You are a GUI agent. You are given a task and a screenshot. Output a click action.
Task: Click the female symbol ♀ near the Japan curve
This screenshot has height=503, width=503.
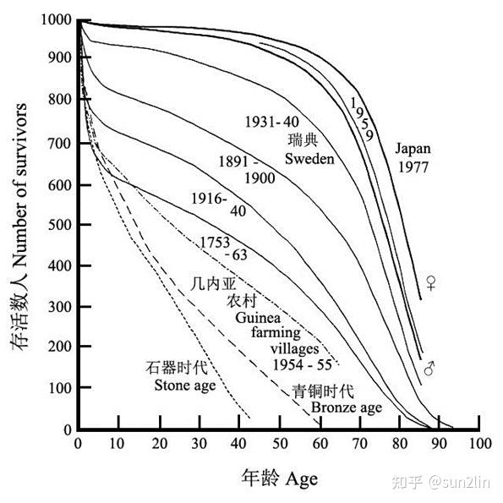(431, 282)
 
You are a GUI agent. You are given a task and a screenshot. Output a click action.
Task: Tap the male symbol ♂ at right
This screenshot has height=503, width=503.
(429, 369)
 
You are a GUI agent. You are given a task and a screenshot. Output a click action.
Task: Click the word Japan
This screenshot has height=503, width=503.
(413, 149)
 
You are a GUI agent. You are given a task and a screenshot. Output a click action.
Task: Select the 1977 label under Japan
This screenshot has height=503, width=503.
(413, 167)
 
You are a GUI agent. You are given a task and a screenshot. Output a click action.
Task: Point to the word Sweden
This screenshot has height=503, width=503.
(309, 159)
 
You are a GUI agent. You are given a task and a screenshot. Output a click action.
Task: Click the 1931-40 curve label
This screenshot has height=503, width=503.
(272, 122)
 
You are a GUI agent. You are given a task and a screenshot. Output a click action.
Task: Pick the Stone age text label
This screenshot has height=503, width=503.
(185, 385)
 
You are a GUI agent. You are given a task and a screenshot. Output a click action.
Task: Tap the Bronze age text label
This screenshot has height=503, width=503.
(347, 408)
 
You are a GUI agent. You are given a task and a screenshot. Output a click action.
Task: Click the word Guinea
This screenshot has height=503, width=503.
(258, 318)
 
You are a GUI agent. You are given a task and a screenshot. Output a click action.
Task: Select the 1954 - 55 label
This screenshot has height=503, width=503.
(302, 364)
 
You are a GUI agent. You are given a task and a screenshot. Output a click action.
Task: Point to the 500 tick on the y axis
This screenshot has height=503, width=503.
(60, 225)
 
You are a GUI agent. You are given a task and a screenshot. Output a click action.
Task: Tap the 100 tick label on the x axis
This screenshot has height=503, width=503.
(480, 444)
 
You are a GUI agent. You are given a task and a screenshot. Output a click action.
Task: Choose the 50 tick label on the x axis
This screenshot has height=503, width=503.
(280, 444)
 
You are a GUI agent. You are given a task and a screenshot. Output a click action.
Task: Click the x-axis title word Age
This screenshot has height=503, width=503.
(302, 479)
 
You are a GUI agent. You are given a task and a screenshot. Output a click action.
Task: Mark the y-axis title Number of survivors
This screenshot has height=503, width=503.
(20, 185)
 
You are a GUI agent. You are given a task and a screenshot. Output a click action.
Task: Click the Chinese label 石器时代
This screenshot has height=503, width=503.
(177, 368)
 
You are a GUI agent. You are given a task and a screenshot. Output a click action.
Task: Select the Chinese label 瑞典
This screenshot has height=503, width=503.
(303, 140)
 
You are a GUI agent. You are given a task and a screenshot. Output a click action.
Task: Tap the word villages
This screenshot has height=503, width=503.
(295, 348)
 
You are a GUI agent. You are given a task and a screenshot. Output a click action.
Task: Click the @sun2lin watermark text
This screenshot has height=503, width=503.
(460, 482)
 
